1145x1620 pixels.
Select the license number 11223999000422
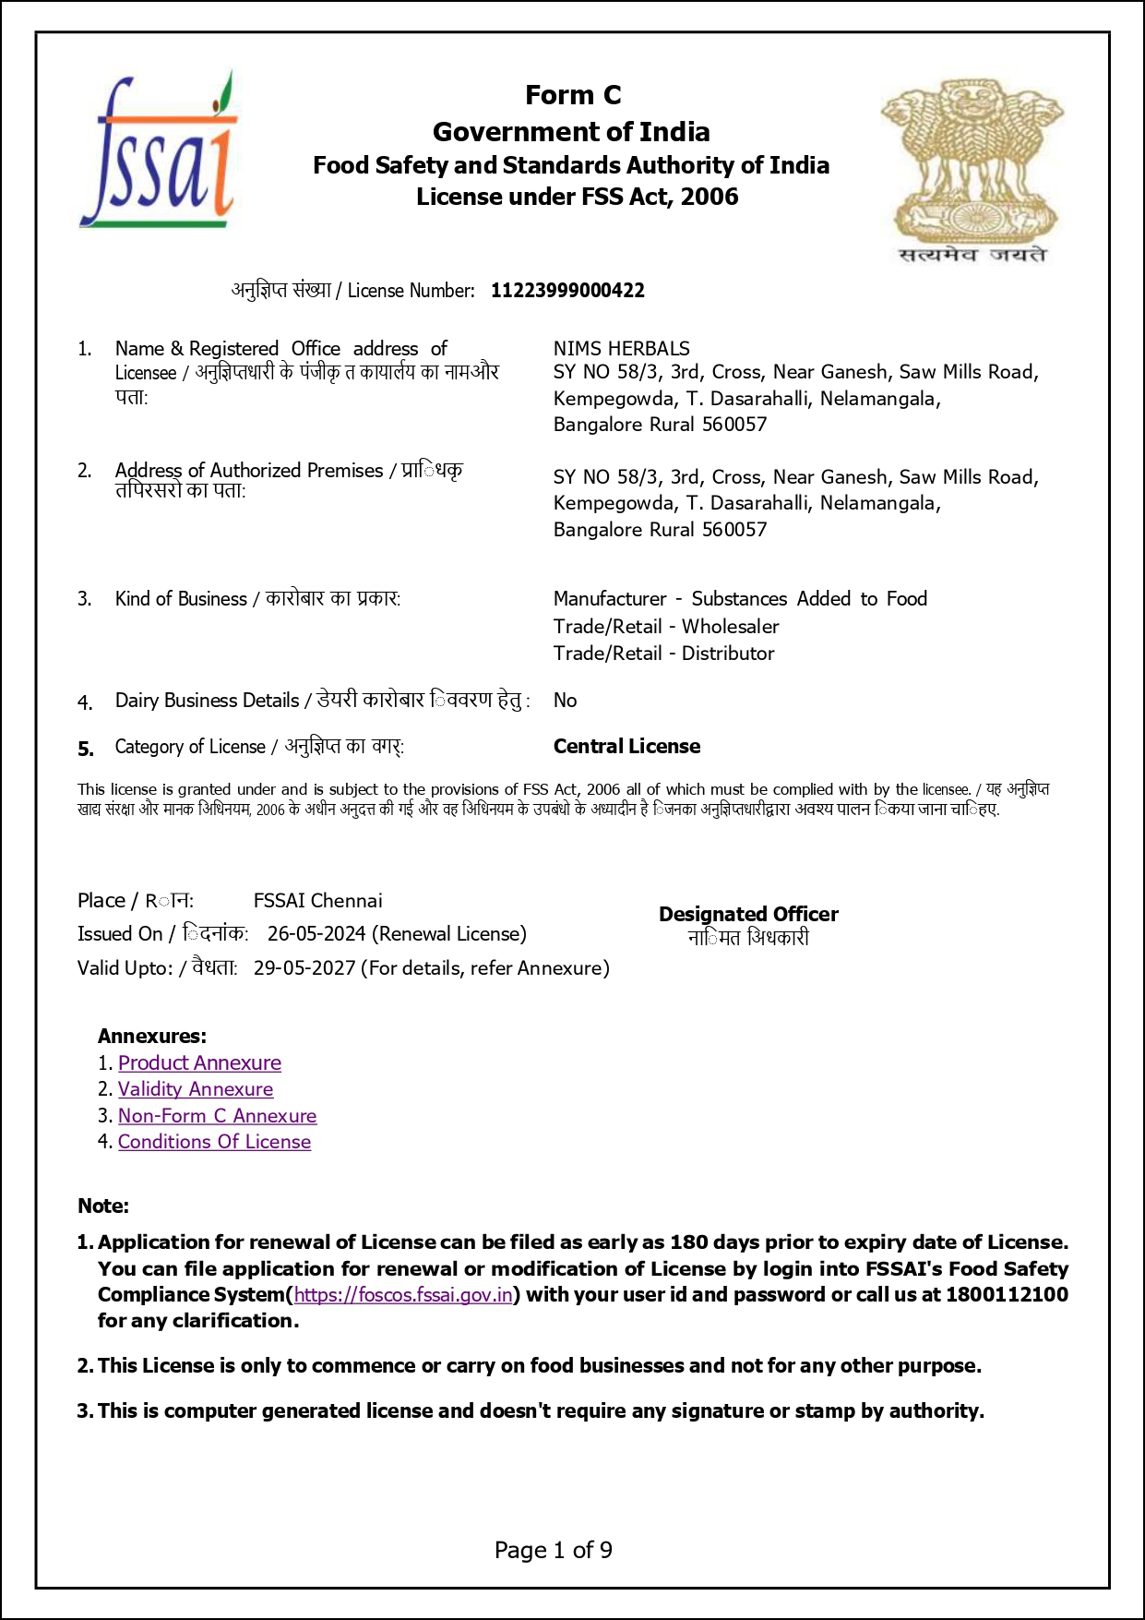pyautogui.click(x=567, y=291)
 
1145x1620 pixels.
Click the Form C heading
pyautogui.click(x=573, y=95)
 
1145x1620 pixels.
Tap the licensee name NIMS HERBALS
pyautogui.click(x=621, y=348)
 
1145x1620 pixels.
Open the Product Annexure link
pyautogui.click(x=199, y=1062)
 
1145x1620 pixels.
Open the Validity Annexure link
pyautogui.click(x=196, y=1089)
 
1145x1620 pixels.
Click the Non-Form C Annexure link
pyautogui.click(x=217, y=1115)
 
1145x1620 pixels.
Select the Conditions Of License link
pyautogui.click(x=214, y=1142)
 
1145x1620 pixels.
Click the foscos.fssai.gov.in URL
pyautogui.click(x=403, y=1294)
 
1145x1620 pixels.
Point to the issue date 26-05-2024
pyautogui.click(x=316, y=933)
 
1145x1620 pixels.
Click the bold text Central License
pyautogui.click(x=626, y=746)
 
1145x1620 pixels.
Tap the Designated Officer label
pyautogui.click(x=748, y=914)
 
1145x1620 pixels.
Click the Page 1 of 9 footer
pyautogui.click(x=554, y=1550)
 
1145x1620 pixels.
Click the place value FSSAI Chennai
pyautogui.click(x=317, y=900)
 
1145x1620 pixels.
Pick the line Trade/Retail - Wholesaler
pyautogui.click(x=666, y=626)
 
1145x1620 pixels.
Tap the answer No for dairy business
pyautogui.click(x=565, y=700)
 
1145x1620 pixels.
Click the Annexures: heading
pyautogui.click(x=152, y=1036)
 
